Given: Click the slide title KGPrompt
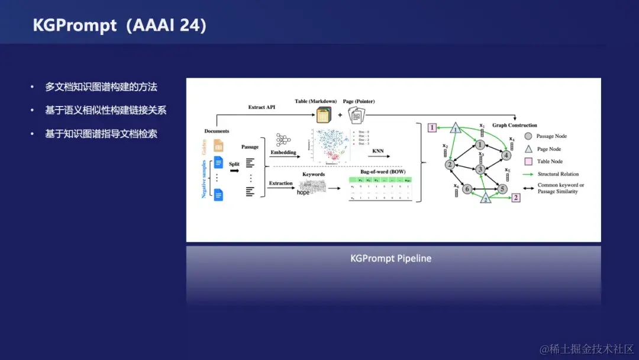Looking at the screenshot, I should (75, 25).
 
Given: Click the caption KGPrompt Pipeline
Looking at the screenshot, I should (390, 259).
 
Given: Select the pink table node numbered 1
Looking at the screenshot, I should (433, 127).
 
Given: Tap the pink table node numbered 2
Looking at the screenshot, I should (516, 198).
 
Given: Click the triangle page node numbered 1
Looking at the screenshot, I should (456, 128).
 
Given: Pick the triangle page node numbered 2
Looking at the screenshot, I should (486, 199).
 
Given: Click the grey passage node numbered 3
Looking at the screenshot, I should (480, 169).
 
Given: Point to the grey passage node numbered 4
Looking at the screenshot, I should (506, 155).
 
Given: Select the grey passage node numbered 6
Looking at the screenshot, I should (467, 189).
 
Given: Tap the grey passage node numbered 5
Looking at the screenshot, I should (502, 189).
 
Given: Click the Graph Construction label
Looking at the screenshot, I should (515, 125).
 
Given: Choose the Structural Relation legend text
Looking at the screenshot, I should (558, 174).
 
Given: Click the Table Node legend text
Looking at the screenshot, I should (550, 161).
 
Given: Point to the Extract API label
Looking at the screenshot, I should (262, 107).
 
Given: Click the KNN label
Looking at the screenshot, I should (378, 151).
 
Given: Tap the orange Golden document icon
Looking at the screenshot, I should (218, 144).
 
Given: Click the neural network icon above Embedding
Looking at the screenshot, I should (283, 140).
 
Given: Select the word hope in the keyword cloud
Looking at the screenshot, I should (303, 192).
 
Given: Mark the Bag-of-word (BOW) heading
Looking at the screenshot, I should (383, 172).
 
